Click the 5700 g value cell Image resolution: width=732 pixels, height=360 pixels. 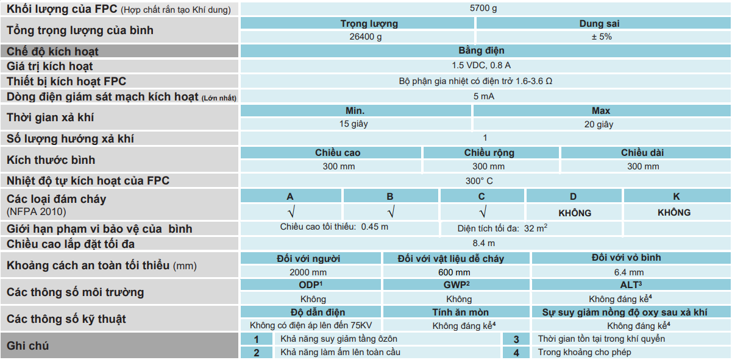(485, 9)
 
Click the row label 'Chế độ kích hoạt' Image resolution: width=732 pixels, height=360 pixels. (52, 52)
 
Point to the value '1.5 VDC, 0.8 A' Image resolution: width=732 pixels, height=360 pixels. (485, 66)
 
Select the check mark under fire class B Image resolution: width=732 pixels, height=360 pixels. (390, 213)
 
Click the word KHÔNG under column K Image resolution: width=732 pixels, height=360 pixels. (674, 213)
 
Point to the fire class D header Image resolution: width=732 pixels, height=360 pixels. (573, 197)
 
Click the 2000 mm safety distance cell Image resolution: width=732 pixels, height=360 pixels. (309, 272)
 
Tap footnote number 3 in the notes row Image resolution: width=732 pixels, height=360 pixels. (516, 339)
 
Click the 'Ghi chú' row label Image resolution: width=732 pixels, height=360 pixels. (28, 346)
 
